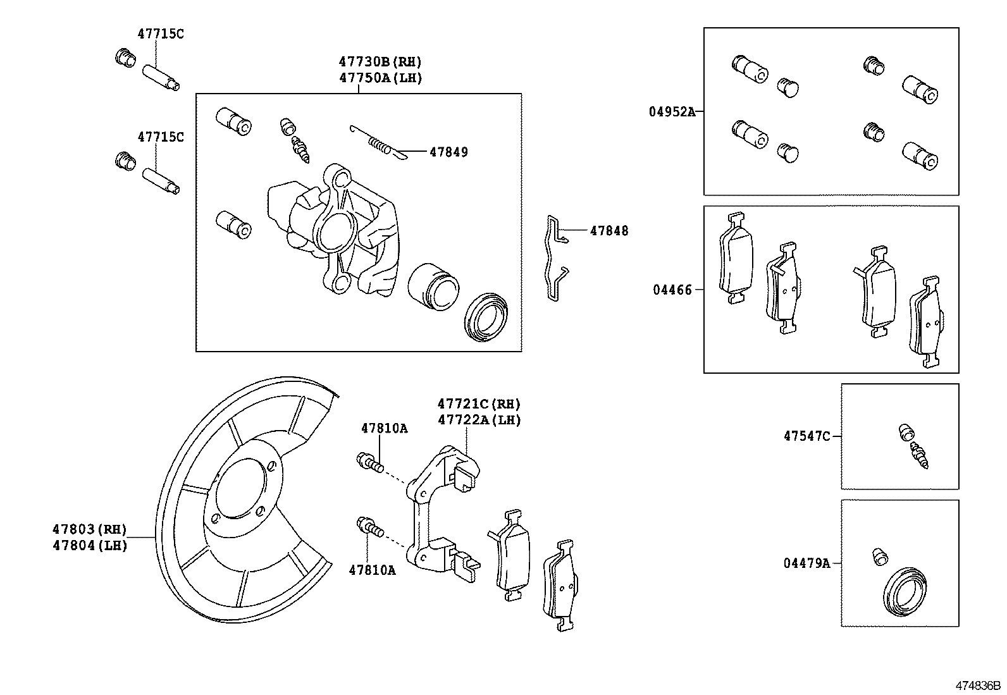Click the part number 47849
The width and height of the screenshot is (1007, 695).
point(448,152)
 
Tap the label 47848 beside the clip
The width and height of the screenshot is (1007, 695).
point(609,231)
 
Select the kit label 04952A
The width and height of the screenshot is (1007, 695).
point(671,112)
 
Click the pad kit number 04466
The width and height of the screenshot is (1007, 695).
point(672,290)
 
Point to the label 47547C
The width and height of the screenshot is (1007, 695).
point(806,436)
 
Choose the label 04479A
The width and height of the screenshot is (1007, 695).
point(806,563)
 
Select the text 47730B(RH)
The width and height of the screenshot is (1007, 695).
point(380,62)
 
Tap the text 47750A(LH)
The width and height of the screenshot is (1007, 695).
point(380,78)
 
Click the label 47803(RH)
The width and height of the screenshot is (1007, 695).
point(89,529)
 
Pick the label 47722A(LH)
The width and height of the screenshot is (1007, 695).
point(479,420)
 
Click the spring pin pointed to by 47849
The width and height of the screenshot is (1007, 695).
point(378,142)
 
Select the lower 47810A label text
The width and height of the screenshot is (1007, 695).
point(372,570)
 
